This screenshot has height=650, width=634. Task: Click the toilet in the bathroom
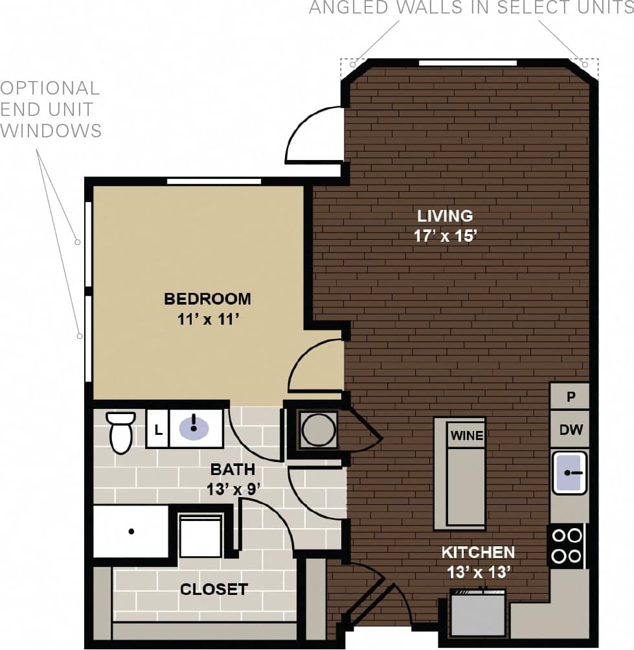(121, 432)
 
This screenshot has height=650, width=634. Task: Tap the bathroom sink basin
(193, 427)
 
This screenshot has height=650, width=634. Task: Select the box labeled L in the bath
(157, 428)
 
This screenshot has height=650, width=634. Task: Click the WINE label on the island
(467, 435)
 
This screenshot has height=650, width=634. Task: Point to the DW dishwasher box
(571, 429)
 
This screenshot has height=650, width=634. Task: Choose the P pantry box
(571, 397)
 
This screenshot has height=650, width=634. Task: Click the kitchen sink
(570, 472)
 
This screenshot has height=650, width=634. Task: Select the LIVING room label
(444, 216)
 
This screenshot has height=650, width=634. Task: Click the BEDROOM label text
(207, 299)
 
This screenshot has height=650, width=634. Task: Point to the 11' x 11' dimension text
(207, 319)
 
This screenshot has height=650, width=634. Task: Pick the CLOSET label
(214, 589)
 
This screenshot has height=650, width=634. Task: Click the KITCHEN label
(478, 553)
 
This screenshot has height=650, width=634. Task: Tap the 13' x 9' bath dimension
(232, 489)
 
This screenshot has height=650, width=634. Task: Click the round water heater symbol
(319, 430)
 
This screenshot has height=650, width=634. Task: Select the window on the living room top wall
(468, 63)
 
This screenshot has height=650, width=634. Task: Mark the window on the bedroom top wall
(214, 181)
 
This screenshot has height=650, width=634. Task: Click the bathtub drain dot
(131, 531)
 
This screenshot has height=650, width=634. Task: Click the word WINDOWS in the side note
(51, 130)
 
